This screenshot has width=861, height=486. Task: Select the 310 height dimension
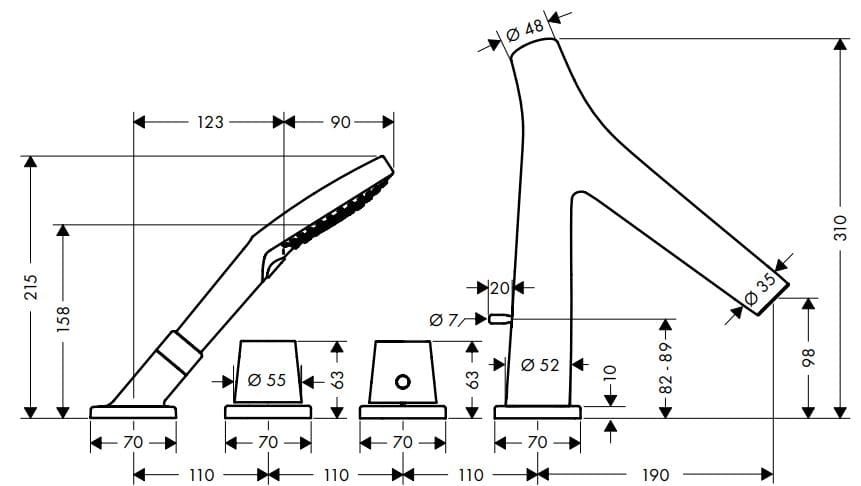[840, 228]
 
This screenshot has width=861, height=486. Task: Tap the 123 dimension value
[210, 122]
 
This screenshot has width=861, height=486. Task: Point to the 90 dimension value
[340, 122]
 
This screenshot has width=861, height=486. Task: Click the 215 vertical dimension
[31, 287]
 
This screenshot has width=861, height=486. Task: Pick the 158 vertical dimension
[63, 319]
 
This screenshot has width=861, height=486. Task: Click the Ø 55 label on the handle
[267, 379]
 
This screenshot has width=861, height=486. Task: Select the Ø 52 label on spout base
[540, 364]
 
